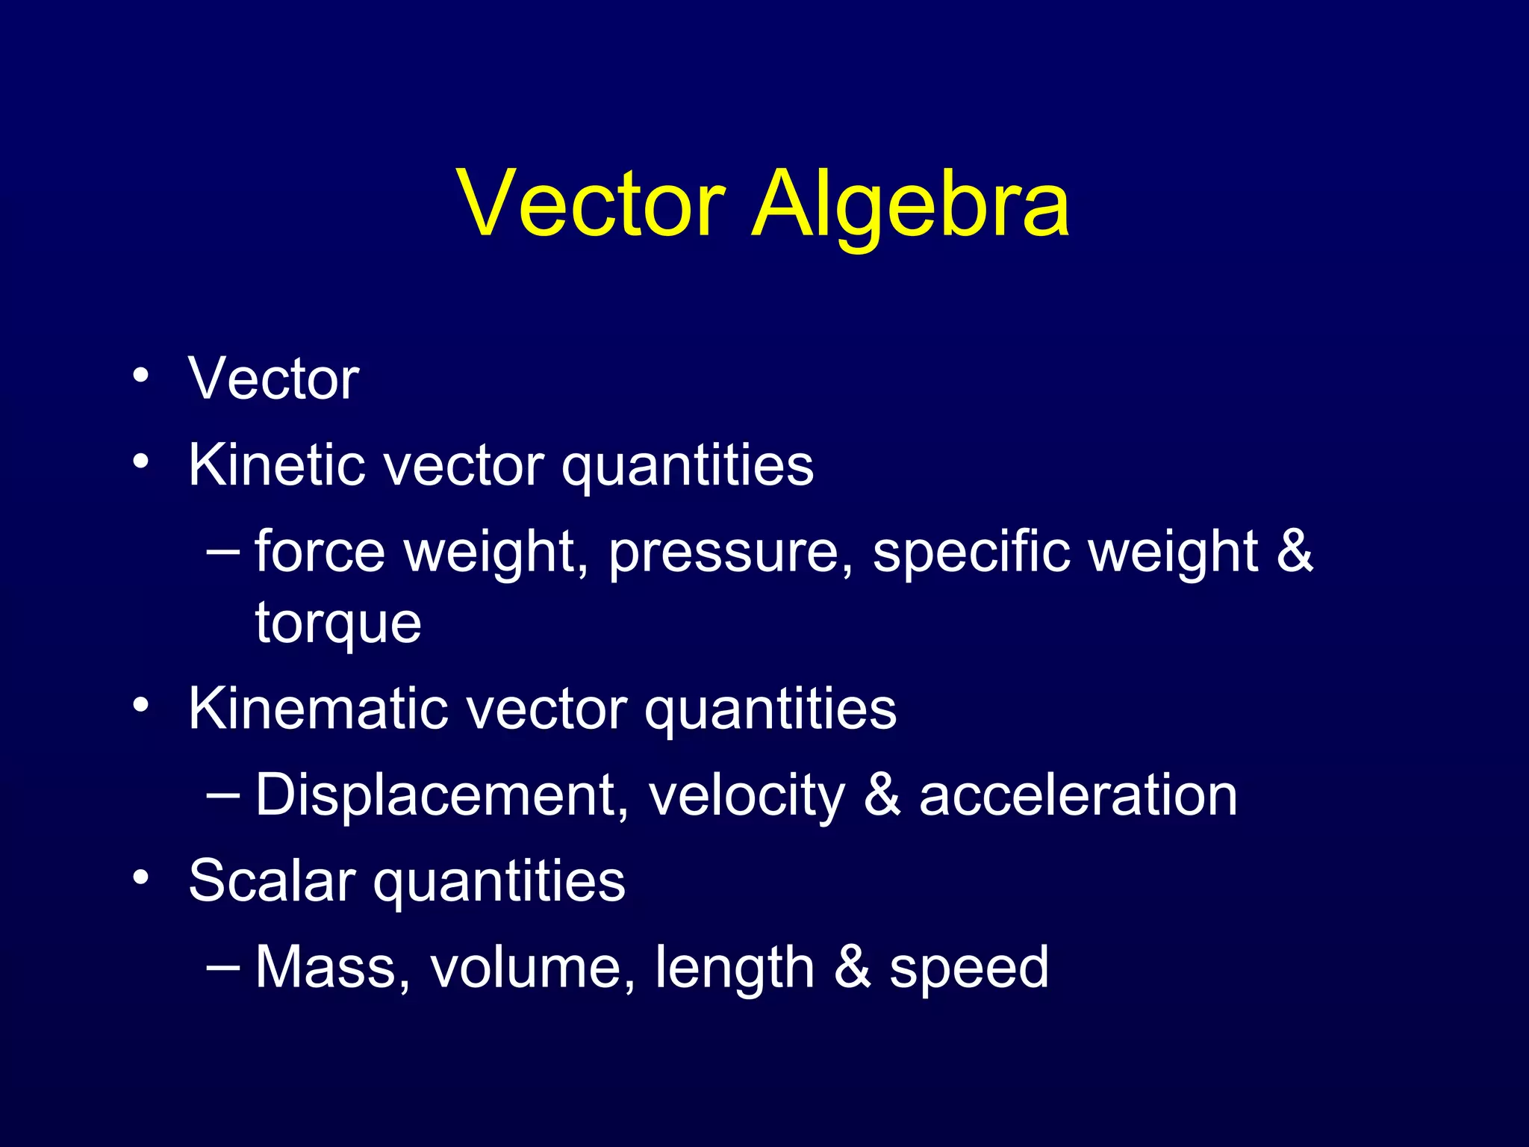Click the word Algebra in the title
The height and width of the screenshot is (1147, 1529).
pyautogui.click(x=911, y=205)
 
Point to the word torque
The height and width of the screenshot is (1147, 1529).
pyautogui.click(x=338, y=624)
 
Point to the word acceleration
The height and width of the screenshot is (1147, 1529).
pyautogui.click(x=1078, y=795)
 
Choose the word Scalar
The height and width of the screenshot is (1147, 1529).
pyautogui.click(x=272, y=880)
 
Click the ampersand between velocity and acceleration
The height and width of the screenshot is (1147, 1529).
pyautogui.click(x=882, y=795)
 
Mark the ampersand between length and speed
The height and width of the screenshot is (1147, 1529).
pyautogui.click(x=852, y=967)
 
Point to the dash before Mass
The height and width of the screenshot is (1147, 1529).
pyautogui.click(x=222, y=966)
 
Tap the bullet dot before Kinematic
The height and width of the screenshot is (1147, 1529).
pyautogui.click(x=140, y=705)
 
